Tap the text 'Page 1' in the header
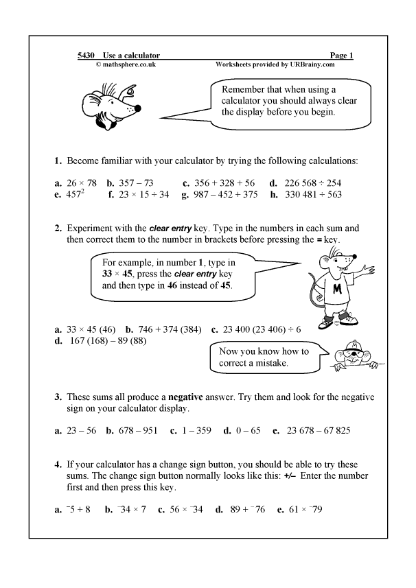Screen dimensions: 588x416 [341, 55]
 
